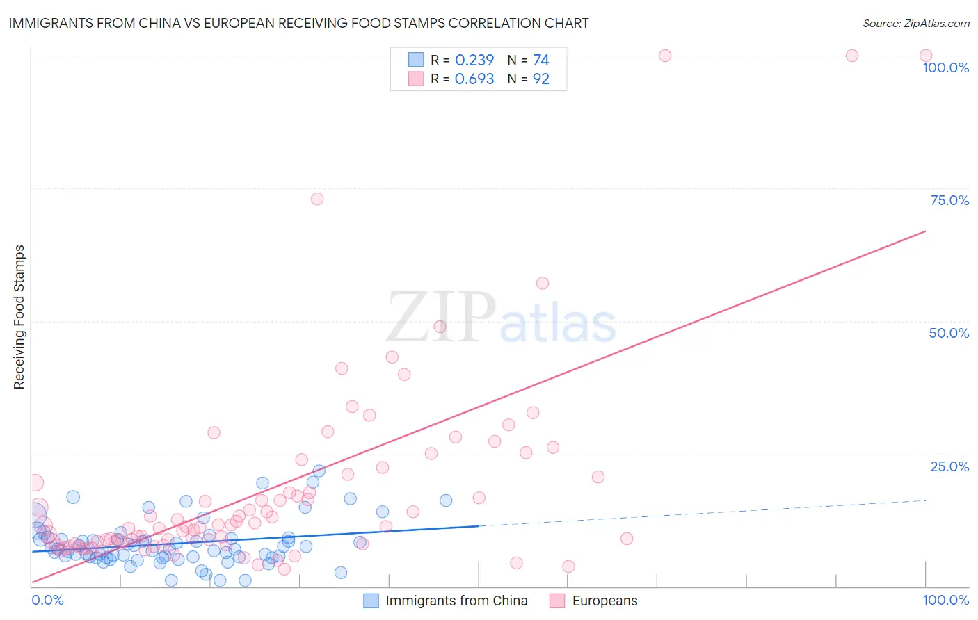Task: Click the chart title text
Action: coord(298,23)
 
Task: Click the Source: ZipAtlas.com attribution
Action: coord(915,23)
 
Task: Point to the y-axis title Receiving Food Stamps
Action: coord(19,317)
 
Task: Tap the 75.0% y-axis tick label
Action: coord(949,200)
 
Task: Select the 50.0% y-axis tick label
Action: coord(949,333)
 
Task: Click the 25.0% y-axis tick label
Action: coord(949,466)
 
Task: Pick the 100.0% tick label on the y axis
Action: coord(945,67)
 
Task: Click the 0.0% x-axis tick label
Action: coord(47,600)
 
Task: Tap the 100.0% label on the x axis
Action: coord(945,600)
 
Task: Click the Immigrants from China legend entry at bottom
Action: coord(456,601)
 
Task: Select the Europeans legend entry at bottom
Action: coord(604,601)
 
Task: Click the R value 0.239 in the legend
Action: coord(474,60)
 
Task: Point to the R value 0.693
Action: coord(474,79)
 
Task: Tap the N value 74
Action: coord(540,60)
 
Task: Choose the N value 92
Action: coord(540,79)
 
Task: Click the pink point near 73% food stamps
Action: coord(317,199)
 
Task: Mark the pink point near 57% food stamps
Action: coord(543,283)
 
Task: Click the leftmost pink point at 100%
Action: coord(665,56)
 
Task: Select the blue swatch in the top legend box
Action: coord(416,60)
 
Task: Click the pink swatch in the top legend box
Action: coord(416,79)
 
